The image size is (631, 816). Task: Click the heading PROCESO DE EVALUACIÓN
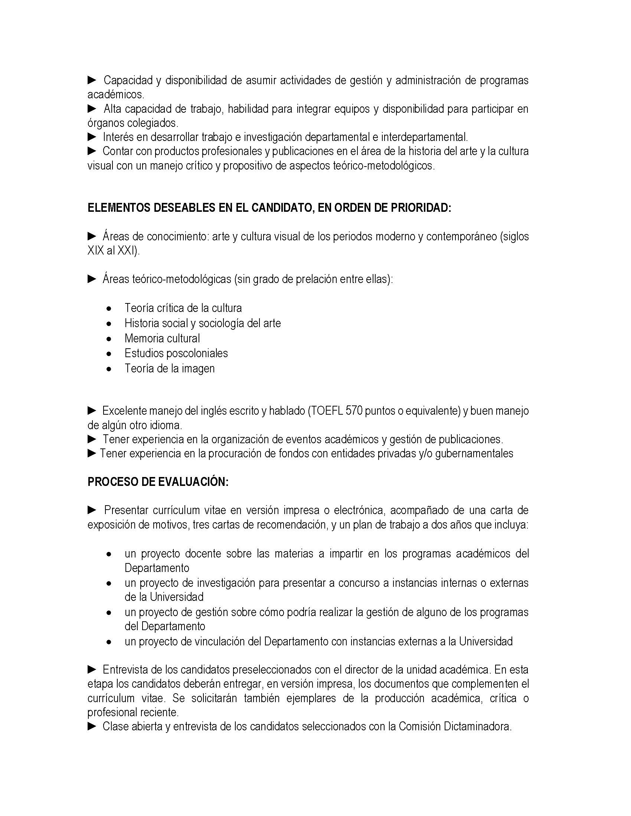point(158,482)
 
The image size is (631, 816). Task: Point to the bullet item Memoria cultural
point(162,339)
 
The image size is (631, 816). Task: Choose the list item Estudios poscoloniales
point(176,353)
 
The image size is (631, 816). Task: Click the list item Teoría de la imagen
point(170,369)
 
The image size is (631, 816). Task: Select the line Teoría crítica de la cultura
point(183,308)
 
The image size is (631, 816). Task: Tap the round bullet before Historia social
point(109,324)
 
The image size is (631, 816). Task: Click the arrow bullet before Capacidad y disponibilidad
point(92,80)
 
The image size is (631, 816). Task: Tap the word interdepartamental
point(424,138)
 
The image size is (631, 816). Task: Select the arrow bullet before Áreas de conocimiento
point(92,236)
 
